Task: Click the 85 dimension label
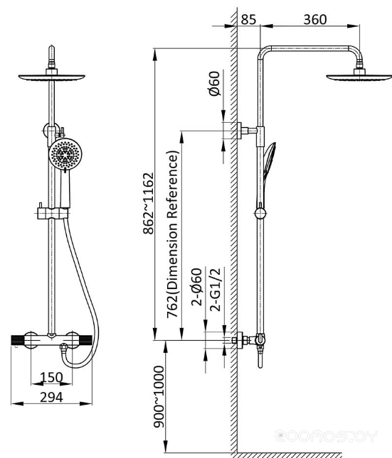pos(248,20)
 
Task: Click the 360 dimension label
pos(315,20)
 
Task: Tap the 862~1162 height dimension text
pos(149,203)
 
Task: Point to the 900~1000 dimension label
pos(159,397)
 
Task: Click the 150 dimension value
pos(51,377)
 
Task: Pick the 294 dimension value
pos(51,397)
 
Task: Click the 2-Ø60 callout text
pos(197,287)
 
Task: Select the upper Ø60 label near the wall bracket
pos(215,84)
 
